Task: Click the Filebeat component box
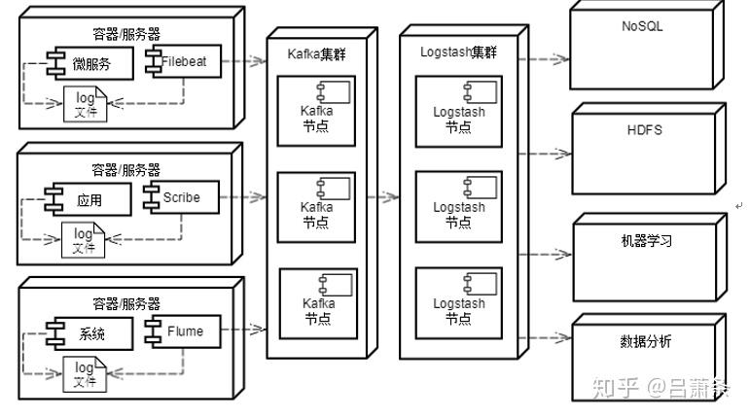[184, 61]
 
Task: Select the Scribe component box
[182, 196]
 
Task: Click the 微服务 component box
[90, 63]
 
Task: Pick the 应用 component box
[89, 199]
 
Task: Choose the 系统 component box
[89, 333]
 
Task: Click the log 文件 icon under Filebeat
[86, 104]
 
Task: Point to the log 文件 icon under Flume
[85, 374]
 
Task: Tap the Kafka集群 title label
[316, 54]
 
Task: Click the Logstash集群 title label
[459, 52]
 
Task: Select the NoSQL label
[642, 26]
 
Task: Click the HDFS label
[644, 130]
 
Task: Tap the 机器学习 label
[646, 240]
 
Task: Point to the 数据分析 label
[645, 341]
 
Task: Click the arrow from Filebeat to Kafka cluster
[244, 60]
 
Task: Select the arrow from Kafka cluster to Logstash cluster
[382, 196]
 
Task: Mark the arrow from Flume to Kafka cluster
[243, 329]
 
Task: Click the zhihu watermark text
[661, 388]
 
